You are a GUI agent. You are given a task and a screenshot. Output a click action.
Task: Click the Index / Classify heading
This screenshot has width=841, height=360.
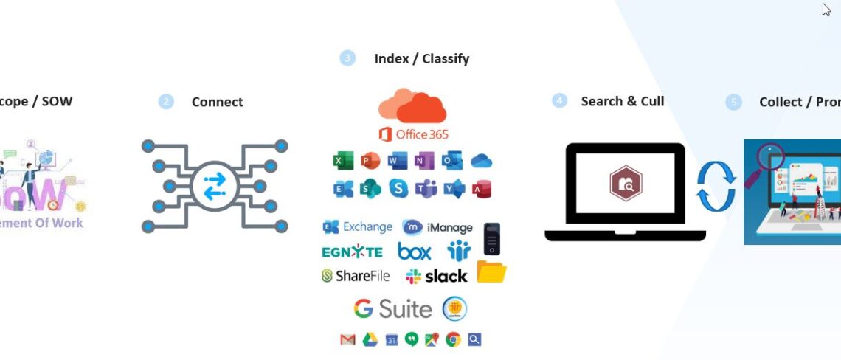(x=421, y=58)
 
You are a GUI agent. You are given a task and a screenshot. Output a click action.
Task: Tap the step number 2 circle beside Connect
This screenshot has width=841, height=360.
(x=166, y=102)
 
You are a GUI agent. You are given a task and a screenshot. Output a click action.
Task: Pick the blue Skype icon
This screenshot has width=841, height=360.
(x=398, y=189)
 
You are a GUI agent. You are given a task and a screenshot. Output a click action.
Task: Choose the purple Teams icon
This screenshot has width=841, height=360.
(x=426, y=189)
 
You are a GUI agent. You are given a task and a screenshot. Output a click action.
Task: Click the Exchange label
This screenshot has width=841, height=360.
(x=358, y=227)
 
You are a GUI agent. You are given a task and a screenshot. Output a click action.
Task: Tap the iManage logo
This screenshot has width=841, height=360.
(x=437, y=227)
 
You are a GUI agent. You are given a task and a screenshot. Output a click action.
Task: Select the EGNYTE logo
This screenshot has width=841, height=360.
(x=352, y=252)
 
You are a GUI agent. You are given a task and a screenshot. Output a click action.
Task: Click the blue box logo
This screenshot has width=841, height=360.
(x=415, y=252)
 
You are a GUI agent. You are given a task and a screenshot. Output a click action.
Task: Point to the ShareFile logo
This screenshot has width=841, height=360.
(x=356, y=276)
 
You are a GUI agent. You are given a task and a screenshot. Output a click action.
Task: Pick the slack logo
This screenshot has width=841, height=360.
(x=436, y=276)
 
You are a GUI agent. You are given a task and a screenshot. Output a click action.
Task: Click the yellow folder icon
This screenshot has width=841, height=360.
(x=491, y=272)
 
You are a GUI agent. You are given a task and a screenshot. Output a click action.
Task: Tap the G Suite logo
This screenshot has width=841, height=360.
(x=392, y=308)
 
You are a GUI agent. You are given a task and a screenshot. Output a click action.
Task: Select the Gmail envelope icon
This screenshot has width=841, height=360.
(x=347, y=339)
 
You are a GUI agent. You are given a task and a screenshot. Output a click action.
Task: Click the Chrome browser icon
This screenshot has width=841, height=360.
(x=453, y=339)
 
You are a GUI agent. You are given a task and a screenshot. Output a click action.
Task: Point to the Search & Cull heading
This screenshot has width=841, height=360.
(x=622, y=101)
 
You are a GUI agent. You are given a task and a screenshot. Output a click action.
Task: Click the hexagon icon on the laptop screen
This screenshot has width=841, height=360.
(x=625, y=184)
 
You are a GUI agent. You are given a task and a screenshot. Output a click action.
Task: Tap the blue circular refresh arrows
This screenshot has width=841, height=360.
(x=716, y=188)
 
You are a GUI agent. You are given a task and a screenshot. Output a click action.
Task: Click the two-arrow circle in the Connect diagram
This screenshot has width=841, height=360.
(x=213, y=186)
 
